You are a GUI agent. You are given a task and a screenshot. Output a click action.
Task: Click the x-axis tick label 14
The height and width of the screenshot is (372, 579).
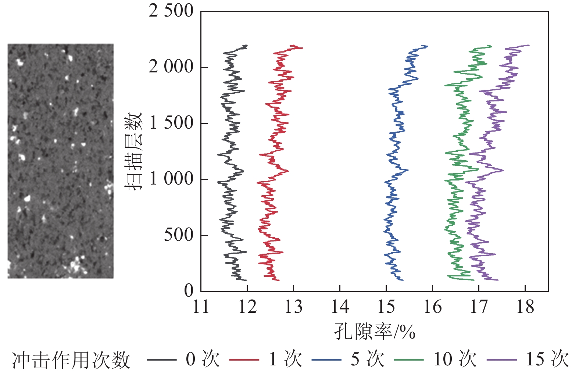340,307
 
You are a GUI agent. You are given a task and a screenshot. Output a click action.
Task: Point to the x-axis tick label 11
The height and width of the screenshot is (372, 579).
201,307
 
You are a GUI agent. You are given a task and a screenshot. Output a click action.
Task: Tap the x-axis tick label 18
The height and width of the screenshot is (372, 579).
525,307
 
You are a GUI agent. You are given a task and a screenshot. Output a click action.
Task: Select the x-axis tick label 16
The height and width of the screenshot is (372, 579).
432,307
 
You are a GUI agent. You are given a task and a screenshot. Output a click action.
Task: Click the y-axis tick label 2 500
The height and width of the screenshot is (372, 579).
171,11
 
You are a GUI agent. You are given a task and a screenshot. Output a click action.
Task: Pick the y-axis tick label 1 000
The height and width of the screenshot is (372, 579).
171,179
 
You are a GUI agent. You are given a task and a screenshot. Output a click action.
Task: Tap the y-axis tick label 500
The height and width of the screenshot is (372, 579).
179,235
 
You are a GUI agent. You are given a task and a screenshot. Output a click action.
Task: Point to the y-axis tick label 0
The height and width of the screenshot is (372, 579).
189,291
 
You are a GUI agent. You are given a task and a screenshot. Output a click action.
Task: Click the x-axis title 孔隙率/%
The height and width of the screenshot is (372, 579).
375,332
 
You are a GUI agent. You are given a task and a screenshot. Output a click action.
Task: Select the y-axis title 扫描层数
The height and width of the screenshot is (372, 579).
133,151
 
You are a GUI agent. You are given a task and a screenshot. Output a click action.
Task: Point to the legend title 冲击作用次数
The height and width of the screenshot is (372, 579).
71,360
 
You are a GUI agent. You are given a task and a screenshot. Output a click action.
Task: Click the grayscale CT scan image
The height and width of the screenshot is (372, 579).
61,161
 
